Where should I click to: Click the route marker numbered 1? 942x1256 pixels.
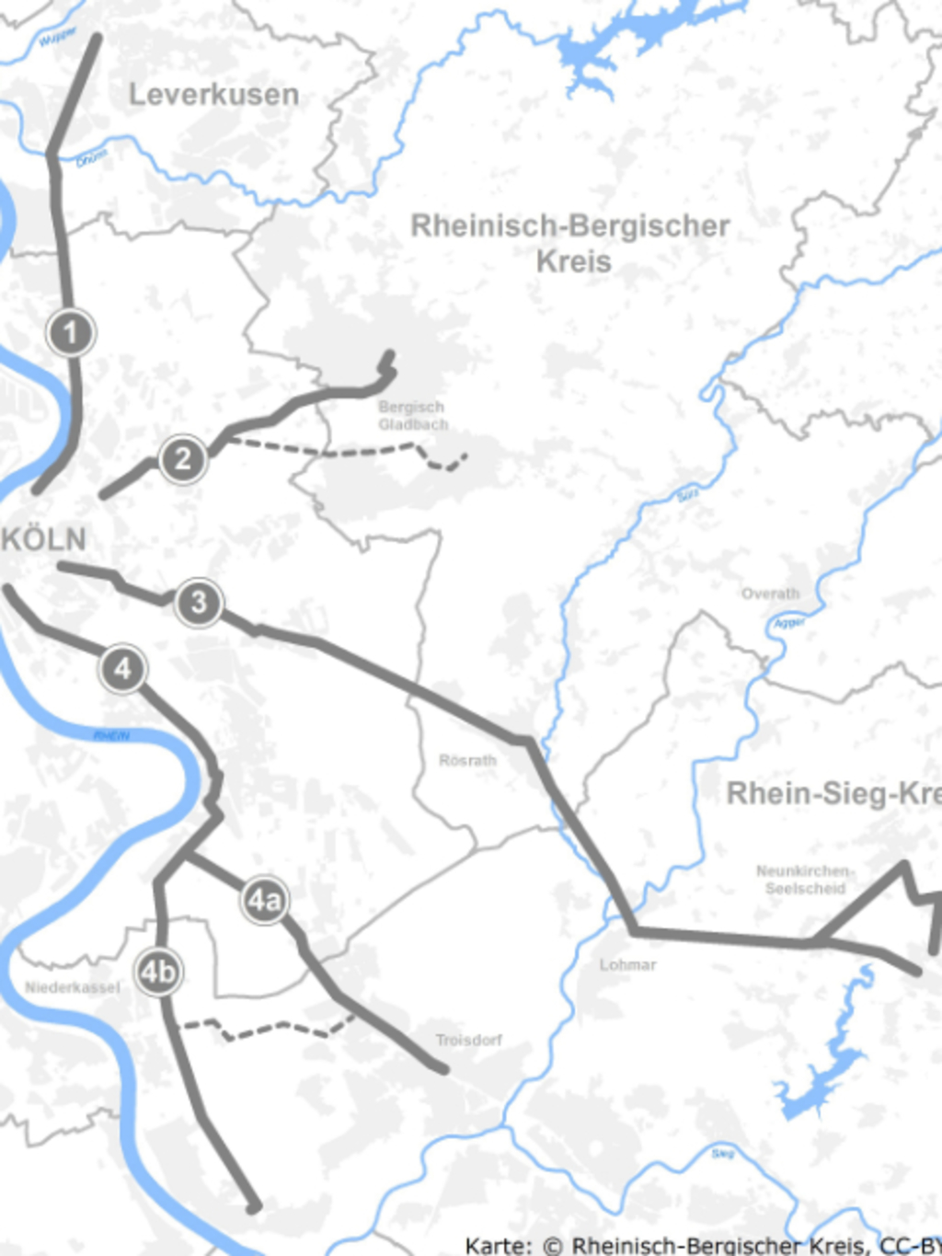71,332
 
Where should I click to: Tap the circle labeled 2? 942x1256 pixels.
182,458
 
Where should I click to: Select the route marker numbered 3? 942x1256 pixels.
199,604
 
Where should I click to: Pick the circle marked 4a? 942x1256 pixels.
264,900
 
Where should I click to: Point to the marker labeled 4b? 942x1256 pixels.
158,972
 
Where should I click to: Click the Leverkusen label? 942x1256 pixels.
213,95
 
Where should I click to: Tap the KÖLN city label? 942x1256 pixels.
44,539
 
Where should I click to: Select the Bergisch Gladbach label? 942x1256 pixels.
412,416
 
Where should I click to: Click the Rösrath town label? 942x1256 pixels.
467,761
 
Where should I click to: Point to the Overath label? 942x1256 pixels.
770,593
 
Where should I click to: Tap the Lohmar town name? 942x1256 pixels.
627,965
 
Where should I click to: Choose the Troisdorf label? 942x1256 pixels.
469,1041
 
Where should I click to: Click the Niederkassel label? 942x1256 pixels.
72,988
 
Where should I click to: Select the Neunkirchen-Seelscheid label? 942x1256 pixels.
804,880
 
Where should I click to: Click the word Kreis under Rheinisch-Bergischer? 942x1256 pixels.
574,261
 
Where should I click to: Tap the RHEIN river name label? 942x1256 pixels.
111,736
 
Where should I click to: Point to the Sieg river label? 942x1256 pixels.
723,1153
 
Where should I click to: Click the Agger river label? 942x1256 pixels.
788,623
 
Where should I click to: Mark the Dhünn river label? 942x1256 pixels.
91,158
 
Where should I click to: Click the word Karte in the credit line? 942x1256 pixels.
498,1246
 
